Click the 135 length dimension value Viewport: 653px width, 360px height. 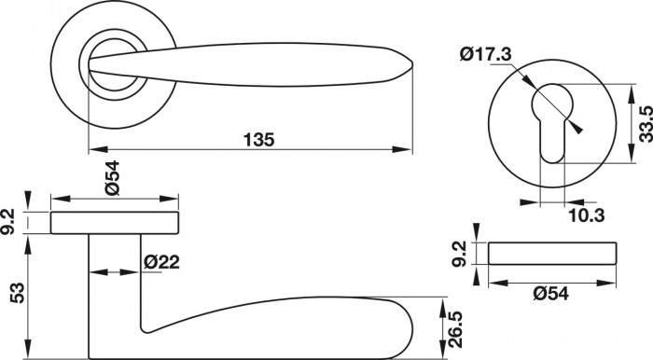coord(259,139)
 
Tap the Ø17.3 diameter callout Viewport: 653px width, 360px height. coord(486,54)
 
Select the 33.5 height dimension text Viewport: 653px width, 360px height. coord(646,124)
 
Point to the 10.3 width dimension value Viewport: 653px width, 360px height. coord(587,215)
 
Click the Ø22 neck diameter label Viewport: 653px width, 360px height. coord(161,262)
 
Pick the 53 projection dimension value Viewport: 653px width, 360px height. coord(18,294)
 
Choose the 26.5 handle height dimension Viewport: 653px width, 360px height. coord(455,329)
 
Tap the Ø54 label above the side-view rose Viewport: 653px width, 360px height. coord(112,178)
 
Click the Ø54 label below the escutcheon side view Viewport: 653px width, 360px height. coord(550,294)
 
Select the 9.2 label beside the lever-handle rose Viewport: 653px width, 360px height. coord(7,222)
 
